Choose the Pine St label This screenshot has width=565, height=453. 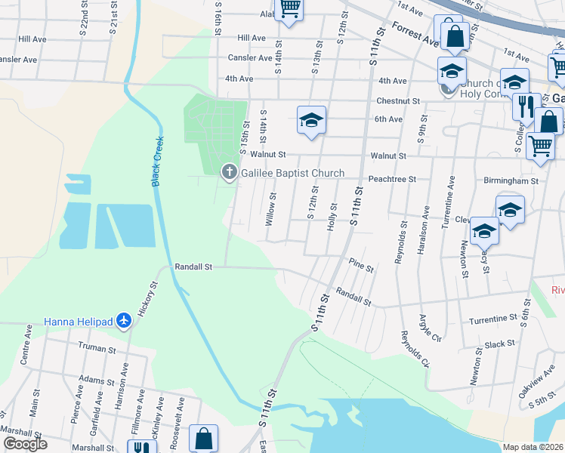pos(361,264)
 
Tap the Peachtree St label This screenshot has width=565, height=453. pos(392,179)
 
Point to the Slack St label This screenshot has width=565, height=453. pos(499,344)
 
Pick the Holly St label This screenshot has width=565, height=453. pos(331,216)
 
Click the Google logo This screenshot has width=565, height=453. pos(25,444)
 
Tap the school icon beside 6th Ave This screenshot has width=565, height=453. pos(310,120)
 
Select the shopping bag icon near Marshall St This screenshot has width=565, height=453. pos(203,437)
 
